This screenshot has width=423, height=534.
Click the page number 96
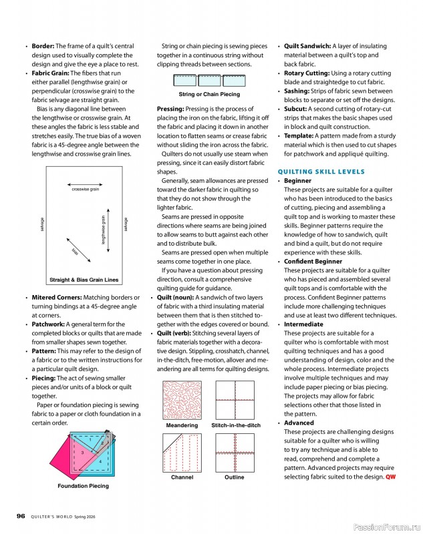coord(21,515)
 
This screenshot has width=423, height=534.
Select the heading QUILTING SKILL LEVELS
coord(321,172)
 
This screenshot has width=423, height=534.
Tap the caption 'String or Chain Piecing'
coord(209,95)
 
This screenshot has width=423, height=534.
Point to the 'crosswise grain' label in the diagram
coord(85,190)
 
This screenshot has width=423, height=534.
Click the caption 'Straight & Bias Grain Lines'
coord(84,280)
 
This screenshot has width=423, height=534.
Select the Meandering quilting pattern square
coord(181,399)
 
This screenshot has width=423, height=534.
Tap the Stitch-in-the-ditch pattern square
coord(236,399)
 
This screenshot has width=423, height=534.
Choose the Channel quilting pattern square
coord(181,452)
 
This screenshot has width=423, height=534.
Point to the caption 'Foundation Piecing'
coord(83,486)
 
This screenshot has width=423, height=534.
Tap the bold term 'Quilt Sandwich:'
coord(307,45)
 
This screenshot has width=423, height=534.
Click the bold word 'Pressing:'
coord(174,108)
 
